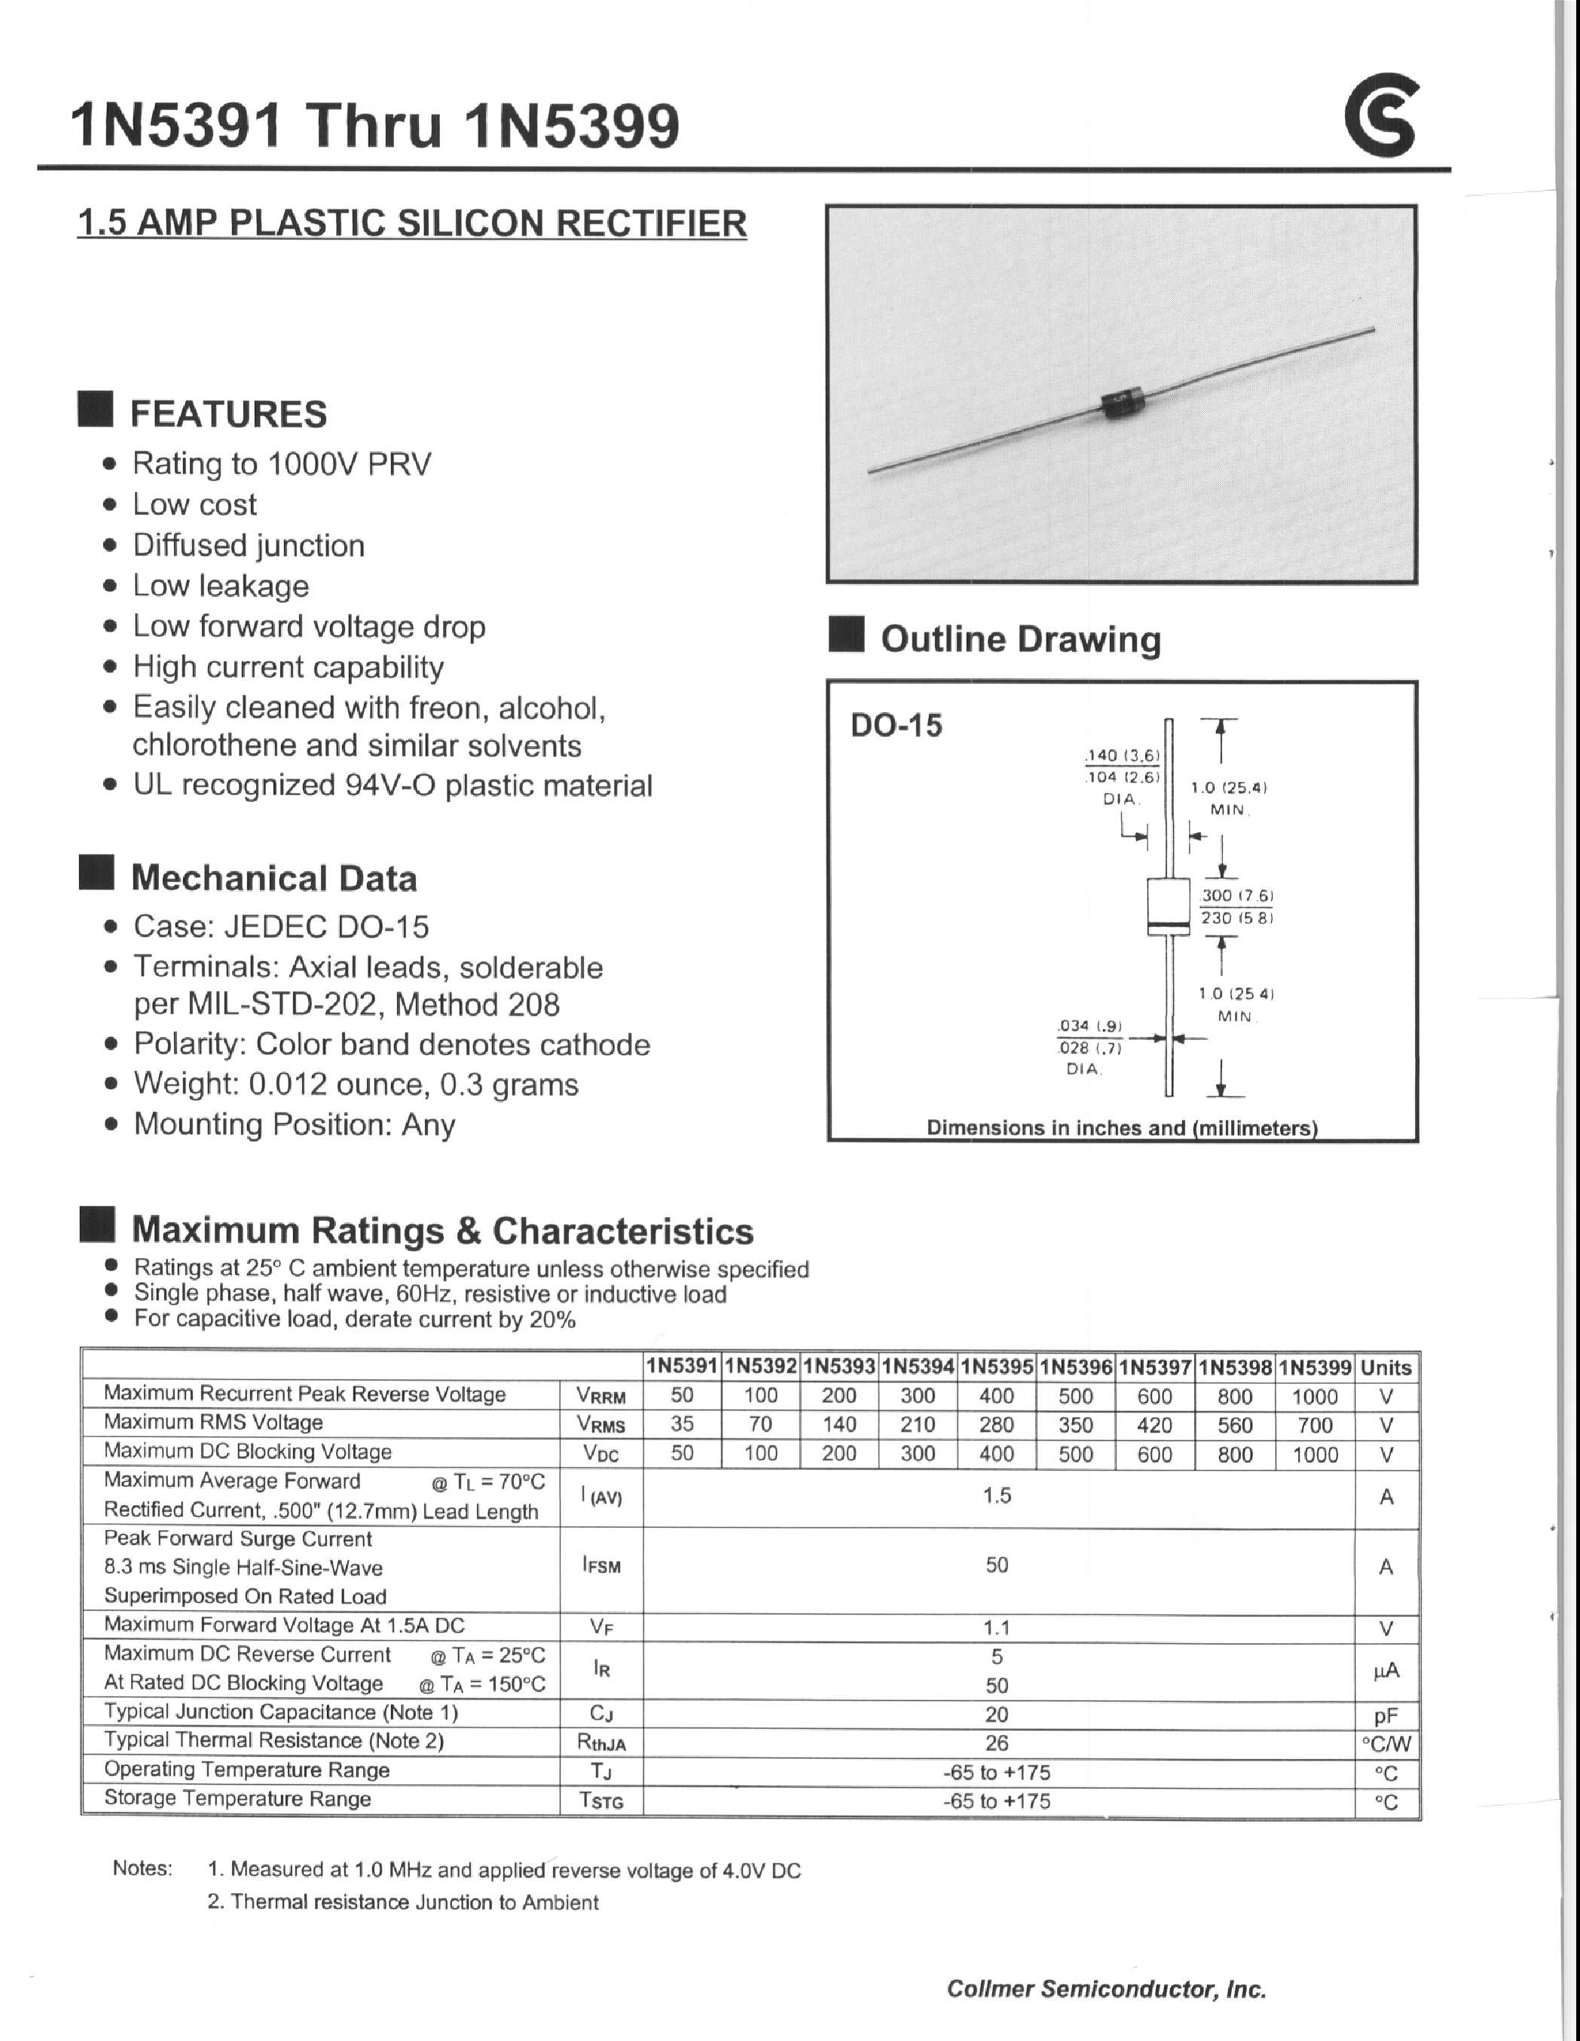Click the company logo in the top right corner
(x=1381, y=118)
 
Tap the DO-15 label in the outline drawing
(x=896, y=725)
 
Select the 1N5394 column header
(x=918, y=1367)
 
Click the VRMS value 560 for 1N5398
(x=1234, y=1425)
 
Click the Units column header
(x=1386, y=1367)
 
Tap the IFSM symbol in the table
(x=601, y=1565)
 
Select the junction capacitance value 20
(x=996, y=1714)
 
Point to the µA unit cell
(x=1386, y=1671)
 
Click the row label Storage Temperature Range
(x=237, y=1798)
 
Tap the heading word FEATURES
(x=228, y=414)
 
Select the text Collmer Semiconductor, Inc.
(x=1105, y=1989)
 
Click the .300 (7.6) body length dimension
(x=1236, y=895)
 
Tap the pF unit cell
(x=1386, y=1716)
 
